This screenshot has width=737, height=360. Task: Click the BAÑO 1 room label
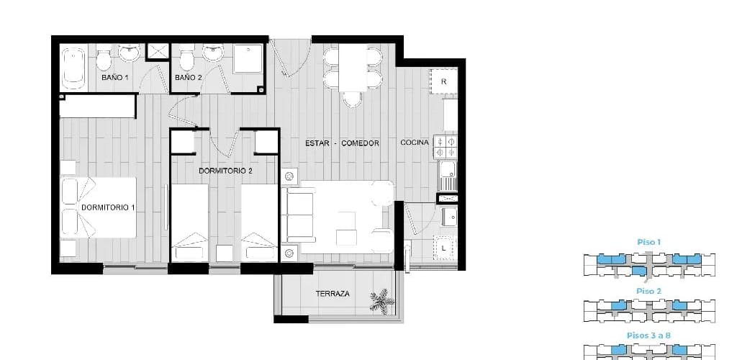114,78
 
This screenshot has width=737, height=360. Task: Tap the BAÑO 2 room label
189,78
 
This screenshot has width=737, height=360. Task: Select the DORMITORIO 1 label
108,207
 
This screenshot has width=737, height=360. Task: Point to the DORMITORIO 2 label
225,171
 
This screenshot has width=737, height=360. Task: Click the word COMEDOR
360,143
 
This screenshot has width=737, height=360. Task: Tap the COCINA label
415,143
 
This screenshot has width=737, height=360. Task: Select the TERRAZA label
333,294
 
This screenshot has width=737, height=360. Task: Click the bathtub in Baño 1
74,68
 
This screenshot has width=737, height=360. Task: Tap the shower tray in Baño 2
248,59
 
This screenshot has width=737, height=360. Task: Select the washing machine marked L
444,247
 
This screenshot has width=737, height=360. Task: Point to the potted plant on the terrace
382,301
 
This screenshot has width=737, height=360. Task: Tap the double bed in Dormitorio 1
99,207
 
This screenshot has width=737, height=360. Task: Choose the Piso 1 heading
648,243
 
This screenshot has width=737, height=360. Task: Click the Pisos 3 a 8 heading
648,336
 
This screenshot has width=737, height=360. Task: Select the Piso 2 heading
648,292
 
